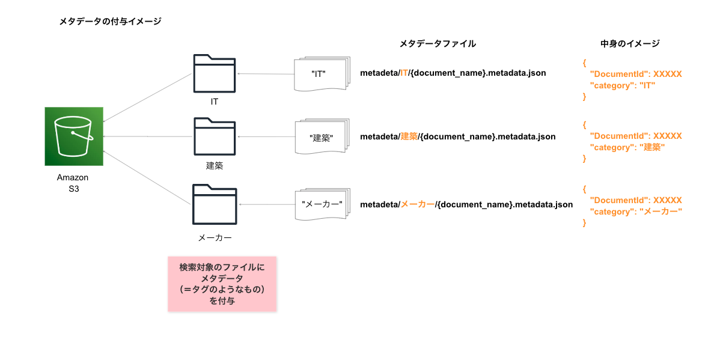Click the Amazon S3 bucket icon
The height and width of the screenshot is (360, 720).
pyautogui.click(x=74, y=136)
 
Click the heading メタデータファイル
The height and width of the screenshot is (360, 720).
pyautogui.click(x=438, y=43)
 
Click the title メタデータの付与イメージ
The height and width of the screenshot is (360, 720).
pyautogui.click(x=110, y=21)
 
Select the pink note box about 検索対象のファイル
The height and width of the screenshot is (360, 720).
pyautogui.click(x=222, y=284)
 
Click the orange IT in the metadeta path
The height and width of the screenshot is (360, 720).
pyautogui.click(x=404, y=73)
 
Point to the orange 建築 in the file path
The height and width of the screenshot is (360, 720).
pyautogui.click(x=409, y=136)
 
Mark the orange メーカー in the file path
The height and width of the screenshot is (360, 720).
pyautogui.click(x=417, y=204)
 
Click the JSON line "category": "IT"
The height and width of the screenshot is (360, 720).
pyautogui.click(x=622, y=85)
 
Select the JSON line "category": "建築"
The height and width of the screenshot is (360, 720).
pyautogui.click(x=627, y=147)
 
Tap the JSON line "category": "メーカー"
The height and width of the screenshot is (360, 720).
pyautogui.click(x=636, y=212)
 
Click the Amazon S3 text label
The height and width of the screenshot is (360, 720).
pyautogui.click(x=73, y=183)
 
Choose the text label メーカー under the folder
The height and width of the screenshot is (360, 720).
pyautogui.click(x=215, y=237)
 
